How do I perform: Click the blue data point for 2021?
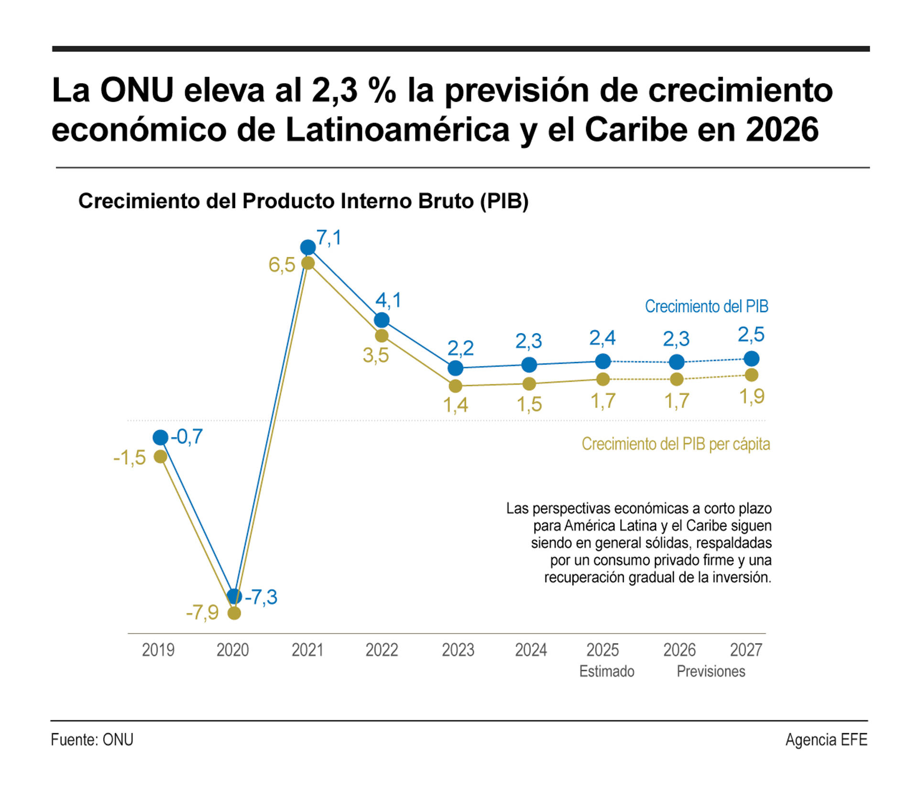[x=308, y=247]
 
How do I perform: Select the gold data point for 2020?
[x=234, y=613]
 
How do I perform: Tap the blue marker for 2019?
[x=161, y=437]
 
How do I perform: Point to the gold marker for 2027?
[x=752, y=375]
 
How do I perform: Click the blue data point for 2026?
[x=677, y=362]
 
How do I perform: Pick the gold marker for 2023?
[x=456, y=386]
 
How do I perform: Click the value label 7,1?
[x=329, y=238]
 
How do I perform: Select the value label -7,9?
[x=202, y=612]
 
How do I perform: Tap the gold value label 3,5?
[x=376, y=356]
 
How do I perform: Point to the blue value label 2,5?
[x=751, y=335]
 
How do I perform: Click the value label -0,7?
[x=187, y=436]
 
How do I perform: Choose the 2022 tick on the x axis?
[x=382, y=650]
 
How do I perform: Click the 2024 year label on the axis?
[x=531, y=650]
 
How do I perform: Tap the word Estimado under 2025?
[x=606, y=671]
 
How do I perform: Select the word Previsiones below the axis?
[x=710, y=671]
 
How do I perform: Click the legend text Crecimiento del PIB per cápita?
[x=676, y=444]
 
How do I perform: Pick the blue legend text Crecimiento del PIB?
[x=706, y=306]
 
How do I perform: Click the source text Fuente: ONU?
[x=92, y=739]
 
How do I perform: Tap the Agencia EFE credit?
[x=826, y=739]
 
